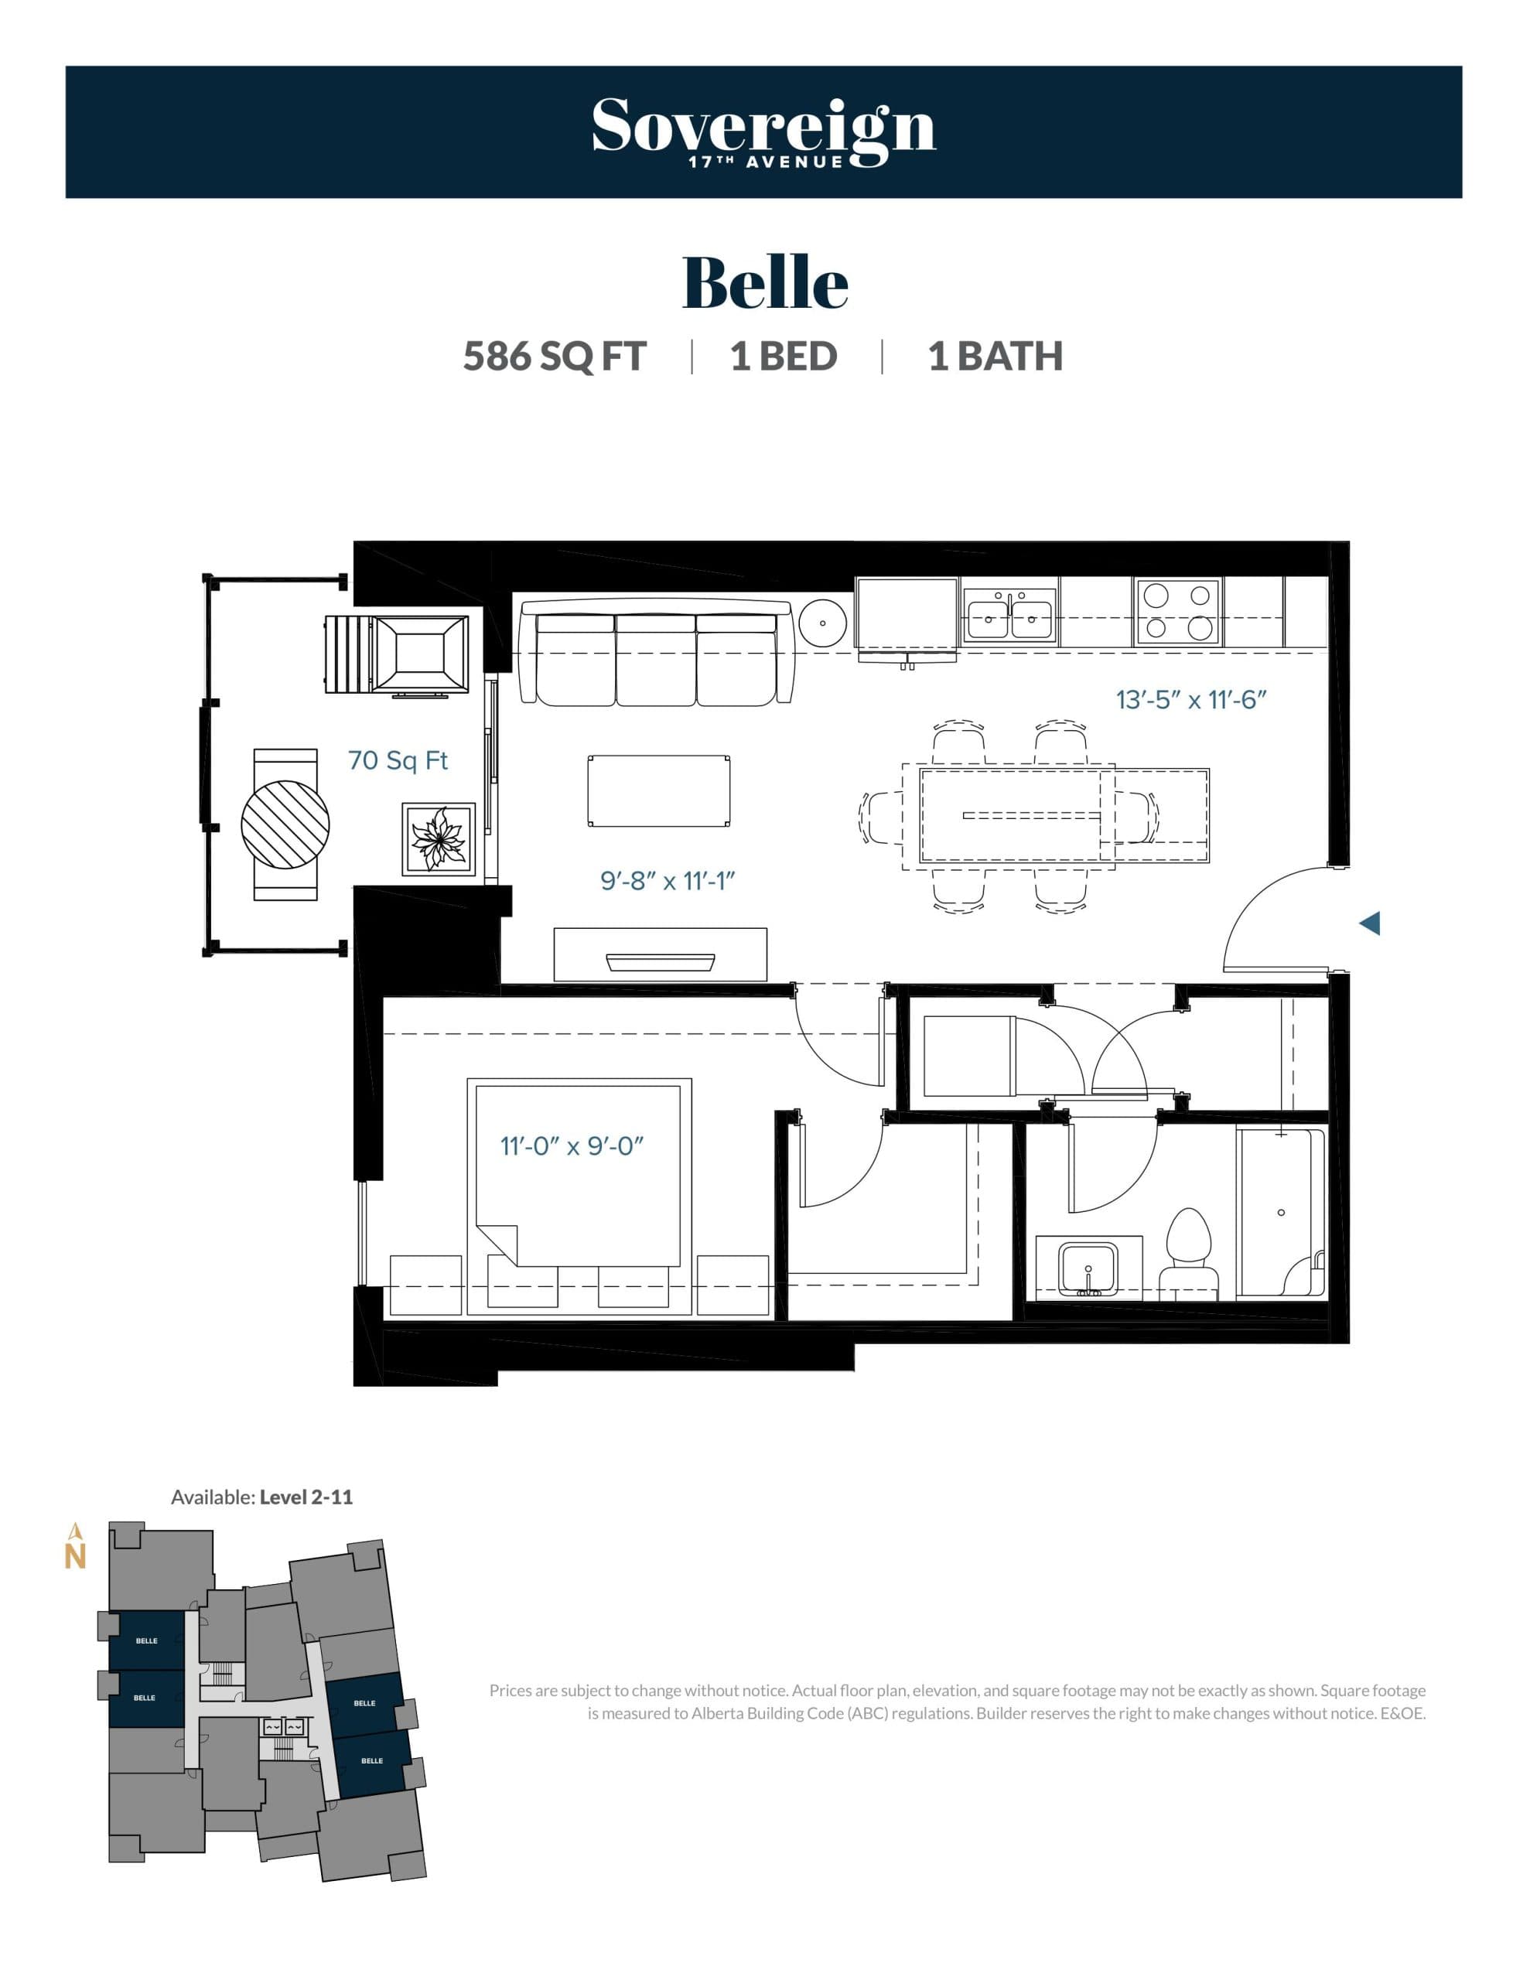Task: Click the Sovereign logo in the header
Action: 763,131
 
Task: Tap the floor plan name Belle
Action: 764,282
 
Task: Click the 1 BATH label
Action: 995,357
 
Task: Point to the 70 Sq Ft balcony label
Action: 398,760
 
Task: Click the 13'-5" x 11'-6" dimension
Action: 1190,700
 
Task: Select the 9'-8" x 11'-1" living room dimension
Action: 667,880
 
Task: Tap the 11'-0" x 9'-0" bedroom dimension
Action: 572,1146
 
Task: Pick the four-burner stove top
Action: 1177,612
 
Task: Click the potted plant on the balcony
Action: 439,838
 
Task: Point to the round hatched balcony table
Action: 285,824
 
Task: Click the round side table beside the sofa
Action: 822,623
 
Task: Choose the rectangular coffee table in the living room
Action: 658,790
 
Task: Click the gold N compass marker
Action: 75,1555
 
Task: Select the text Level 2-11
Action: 306,1497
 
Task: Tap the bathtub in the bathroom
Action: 1279,1212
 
